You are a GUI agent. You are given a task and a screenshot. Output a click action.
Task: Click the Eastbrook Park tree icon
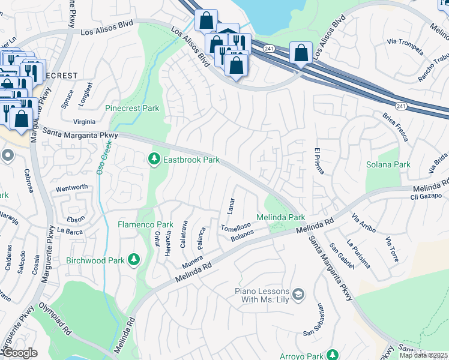point(154,159)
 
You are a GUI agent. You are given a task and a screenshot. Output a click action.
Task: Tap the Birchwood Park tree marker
point(135,260)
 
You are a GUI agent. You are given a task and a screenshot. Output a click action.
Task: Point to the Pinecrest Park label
point(132,109)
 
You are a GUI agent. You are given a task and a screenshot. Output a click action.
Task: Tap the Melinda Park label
point(281,217)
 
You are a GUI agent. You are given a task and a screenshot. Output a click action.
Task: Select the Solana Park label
point(388,164)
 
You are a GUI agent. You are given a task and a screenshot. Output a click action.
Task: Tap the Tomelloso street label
point(235,228)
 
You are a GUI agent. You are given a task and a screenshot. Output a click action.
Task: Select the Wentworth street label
point(71,188)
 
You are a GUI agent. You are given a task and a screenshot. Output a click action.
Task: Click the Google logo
point(20,353)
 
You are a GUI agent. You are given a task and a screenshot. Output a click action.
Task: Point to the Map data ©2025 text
point(423,355)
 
